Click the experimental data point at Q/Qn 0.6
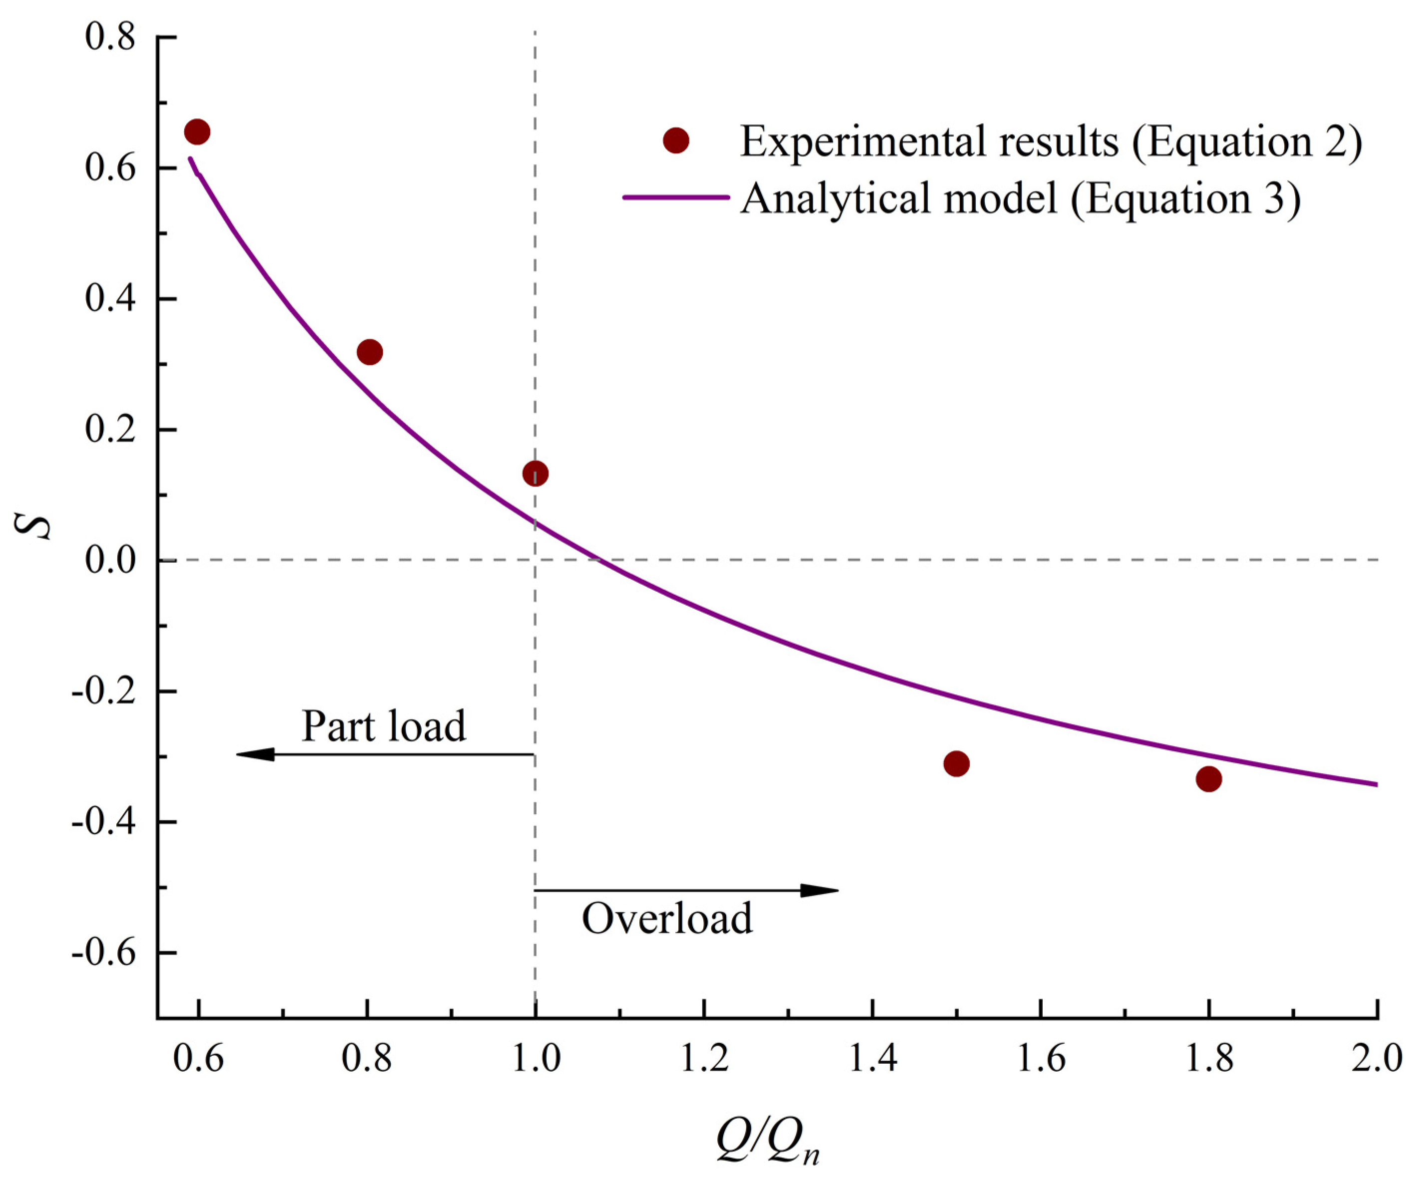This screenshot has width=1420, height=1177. pyautogui.click(x=197, y=132)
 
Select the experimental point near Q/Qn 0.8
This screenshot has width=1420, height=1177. pyautogui.click(x=369, y=352)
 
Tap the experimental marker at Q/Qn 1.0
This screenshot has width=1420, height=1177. pyautogui.click(x=536, y=473)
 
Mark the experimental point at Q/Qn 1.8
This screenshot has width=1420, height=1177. pyautogui.click(x=1209, y=779)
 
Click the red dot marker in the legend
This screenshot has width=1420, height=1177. pyautogui.click(x=675, y=141)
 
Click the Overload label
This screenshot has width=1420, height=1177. pyautogui.click(x=667, y=919)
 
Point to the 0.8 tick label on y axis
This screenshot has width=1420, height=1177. pyautogui.click(x=110, y=37)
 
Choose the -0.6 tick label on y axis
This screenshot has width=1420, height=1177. pyautogui.click(x=103, y=953)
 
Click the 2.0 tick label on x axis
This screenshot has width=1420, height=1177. pyautogui.click(x=1377, y=1059)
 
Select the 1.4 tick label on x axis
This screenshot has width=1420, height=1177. pyautogui.click(x=872, y=1059)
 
